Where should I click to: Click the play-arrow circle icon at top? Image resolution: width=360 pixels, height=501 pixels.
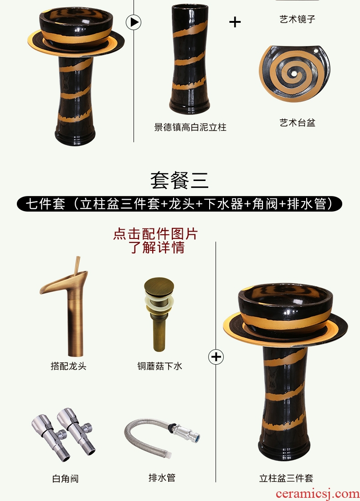tap(134, 22)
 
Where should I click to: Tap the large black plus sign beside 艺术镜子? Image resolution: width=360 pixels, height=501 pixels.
tap(235, 22)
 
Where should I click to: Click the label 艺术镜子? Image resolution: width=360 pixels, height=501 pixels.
tap(298, 19)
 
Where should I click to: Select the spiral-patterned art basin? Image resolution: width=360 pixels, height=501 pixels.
tap(294, 73)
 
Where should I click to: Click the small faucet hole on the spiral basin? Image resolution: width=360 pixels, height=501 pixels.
tap(316, 50)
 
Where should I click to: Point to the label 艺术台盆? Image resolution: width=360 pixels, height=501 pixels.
tap(298, 123)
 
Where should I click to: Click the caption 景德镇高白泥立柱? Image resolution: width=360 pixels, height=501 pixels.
tap(190, 128)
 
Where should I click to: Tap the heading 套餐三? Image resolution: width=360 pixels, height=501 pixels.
tap(180, 180)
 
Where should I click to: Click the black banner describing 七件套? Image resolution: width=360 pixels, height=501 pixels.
tap(180, 204)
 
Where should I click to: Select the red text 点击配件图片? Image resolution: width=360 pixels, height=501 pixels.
tap(155, 234)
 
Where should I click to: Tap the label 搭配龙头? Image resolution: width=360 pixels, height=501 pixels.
tap(68, 366)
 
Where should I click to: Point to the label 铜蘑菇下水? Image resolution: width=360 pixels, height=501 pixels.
tap(159, 366)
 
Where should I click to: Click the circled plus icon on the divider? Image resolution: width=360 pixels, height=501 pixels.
tap(216, 356)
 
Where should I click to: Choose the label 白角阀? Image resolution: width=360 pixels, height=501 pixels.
tap(66, 479)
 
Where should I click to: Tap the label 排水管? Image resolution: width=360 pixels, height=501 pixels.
tap(162, 478)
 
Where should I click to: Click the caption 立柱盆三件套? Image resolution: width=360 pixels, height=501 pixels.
tap(286, 478)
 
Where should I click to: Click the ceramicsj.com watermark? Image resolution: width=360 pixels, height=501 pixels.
tap(318, 494)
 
